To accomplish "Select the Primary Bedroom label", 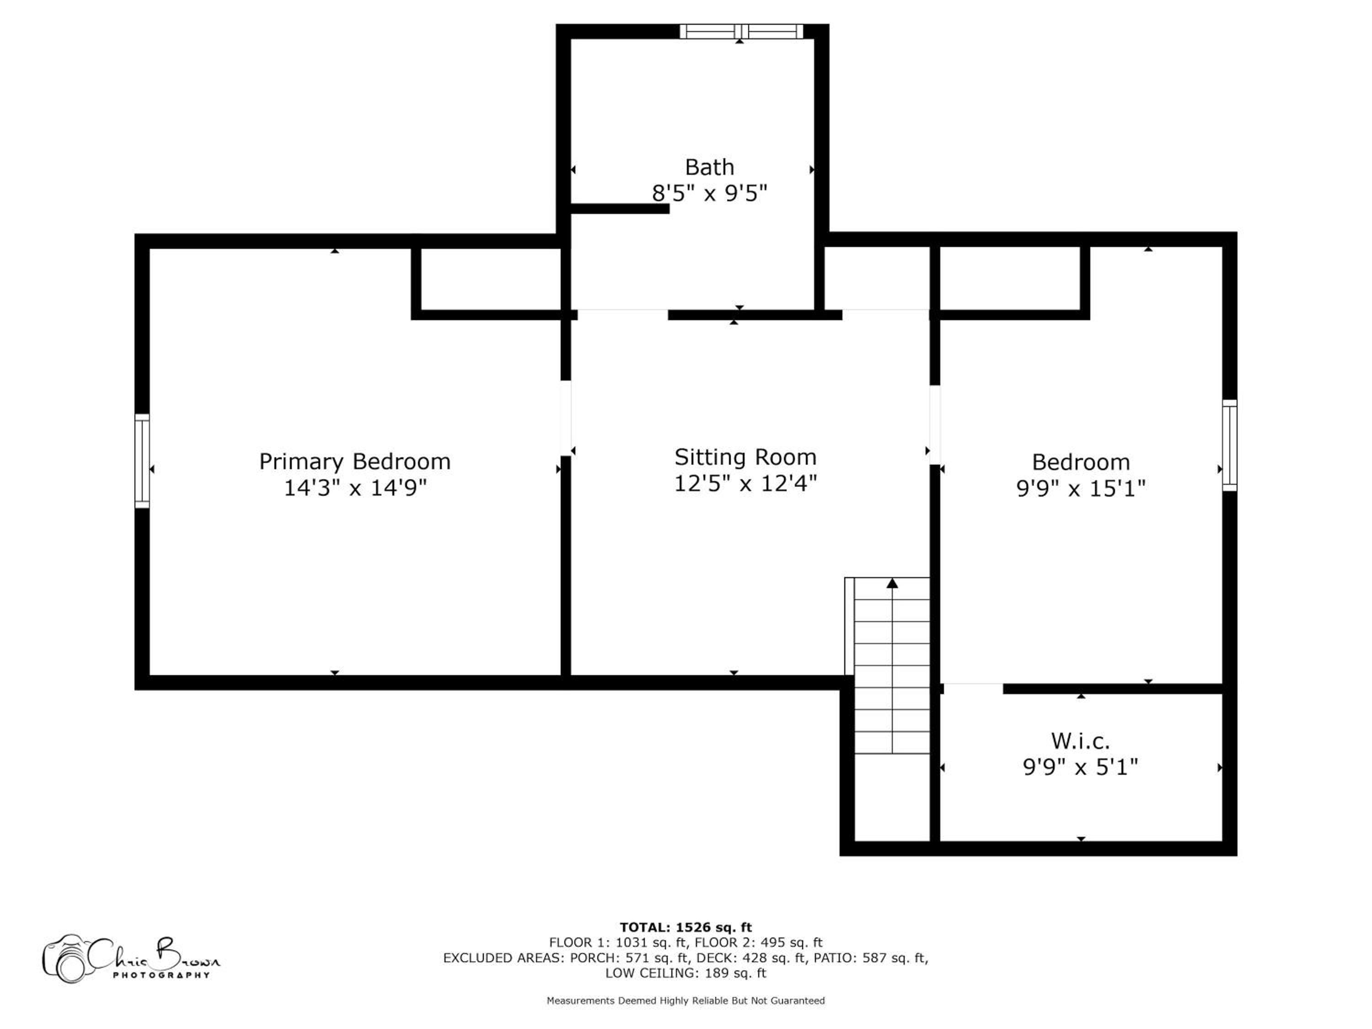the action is click(355, 461).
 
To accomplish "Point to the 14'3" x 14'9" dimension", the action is click(355, 488).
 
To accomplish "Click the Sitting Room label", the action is click(745, 457).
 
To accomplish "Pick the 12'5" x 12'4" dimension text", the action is click(745, 483).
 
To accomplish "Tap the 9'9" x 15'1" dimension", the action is click(1081, 488).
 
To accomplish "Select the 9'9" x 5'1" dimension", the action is click(1081, 767).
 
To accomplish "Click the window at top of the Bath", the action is click(741, 31).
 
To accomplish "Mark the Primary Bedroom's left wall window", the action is click(142, 461).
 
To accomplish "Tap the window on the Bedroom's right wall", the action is click(1229, 445).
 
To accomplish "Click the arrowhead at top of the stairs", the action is click(892, 583).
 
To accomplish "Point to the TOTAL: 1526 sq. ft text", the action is click(686, 927).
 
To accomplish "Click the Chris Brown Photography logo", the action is click(130, 959).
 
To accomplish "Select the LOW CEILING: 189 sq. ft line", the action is click(686, 973).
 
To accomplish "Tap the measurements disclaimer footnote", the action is click(686, 1001).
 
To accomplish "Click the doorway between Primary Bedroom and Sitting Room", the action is click(566, 418).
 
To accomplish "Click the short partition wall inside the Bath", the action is click(620, 209).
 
